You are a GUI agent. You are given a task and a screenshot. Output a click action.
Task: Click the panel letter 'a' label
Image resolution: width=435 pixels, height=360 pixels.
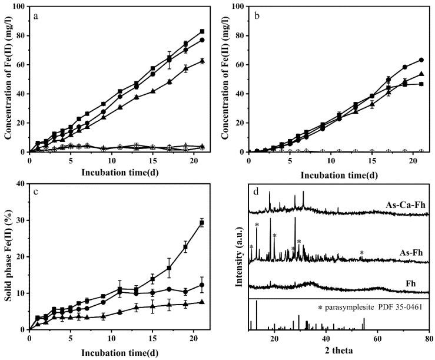point(36,16)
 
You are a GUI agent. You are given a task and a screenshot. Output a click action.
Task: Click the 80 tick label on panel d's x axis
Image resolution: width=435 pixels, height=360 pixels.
point(429,341)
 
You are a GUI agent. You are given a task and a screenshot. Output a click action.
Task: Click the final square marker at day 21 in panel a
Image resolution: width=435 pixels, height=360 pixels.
point(202,31)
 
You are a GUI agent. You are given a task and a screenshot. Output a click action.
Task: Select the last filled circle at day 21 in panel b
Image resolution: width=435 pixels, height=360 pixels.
point(421,60)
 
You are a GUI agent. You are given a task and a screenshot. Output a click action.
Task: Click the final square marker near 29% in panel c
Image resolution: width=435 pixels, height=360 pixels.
point(202,223)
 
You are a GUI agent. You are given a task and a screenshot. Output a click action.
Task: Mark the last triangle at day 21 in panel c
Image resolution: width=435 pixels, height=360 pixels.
point(202,302)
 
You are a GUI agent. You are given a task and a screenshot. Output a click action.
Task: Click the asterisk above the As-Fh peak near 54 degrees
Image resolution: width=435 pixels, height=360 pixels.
point(361,253)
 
